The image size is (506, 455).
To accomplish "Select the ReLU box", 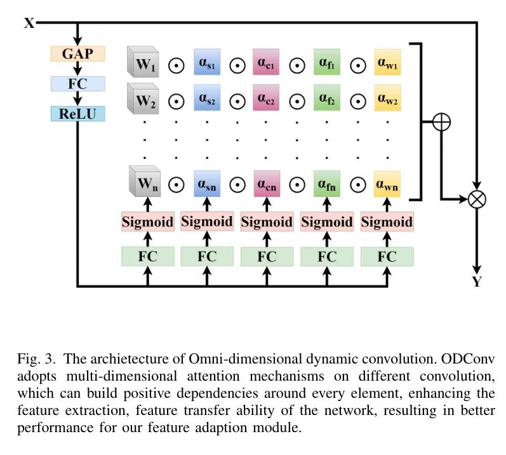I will click(x=77, y=114).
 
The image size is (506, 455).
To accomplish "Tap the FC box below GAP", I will click(x=77, y=83).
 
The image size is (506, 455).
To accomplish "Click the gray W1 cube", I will click(x=143, y=64).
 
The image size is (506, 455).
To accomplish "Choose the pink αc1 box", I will click(x=265, y=64).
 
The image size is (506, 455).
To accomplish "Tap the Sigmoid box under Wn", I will click(x=147, y=222).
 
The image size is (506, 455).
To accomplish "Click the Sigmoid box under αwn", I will click(x=387, y=222).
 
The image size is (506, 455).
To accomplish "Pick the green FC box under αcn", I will click(x=267, y=257).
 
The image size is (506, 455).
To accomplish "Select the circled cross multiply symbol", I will click(x=476, y=199).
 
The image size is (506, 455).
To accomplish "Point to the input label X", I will click(x=29, y=24).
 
